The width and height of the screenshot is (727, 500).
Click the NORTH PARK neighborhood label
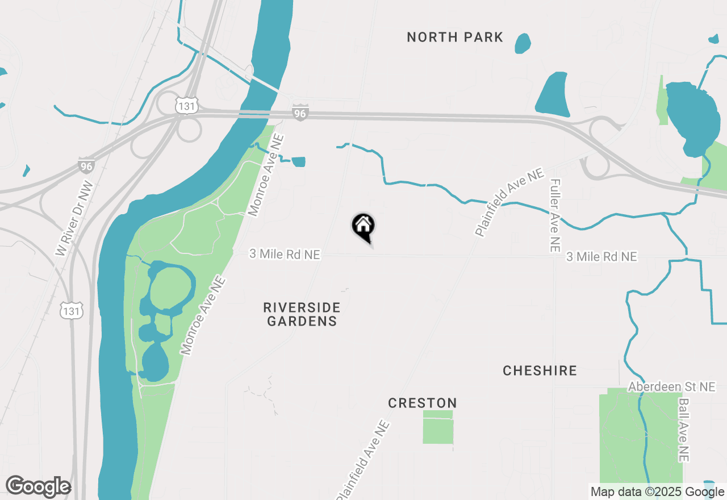455,37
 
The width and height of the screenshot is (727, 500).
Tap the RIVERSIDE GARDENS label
302,314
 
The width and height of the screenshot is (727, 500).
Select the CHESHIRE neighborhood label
540,371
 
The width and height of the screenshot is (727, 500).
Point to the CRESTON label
422,403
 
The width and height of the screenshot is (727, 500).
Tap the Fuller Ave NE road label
555,216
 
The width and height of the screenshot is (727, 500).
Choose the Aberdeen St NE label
671,387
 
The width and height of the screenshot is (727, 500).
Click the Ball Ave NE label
683,430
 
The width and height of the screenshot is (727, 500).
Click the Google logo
38,487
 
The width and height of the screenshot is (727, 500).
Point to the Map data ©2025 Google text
657,492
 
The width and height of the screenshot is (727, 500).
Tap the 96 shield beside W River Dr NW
86,166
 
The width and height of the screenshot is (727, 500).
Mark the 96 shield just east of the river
300,113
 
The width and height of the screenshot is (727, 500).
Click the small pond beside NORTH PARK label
523,43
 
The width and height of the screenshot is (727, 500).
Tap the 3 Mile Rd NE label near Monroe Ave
285,255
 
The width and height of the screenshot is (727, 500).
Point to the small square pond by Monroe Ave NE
298,162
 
